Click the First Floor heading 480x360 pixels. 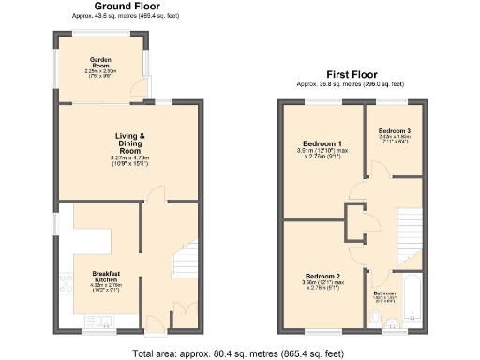(x=352, y=74)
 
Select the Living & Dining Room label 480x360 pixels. (x=128, y=142)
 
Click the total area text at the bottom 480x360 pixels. (x=239, y=352)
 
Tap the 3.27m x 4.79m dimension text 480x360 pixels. (x=128, y=157)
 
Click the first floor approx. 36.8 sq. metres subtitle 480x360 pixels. (x=352, y=84)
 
